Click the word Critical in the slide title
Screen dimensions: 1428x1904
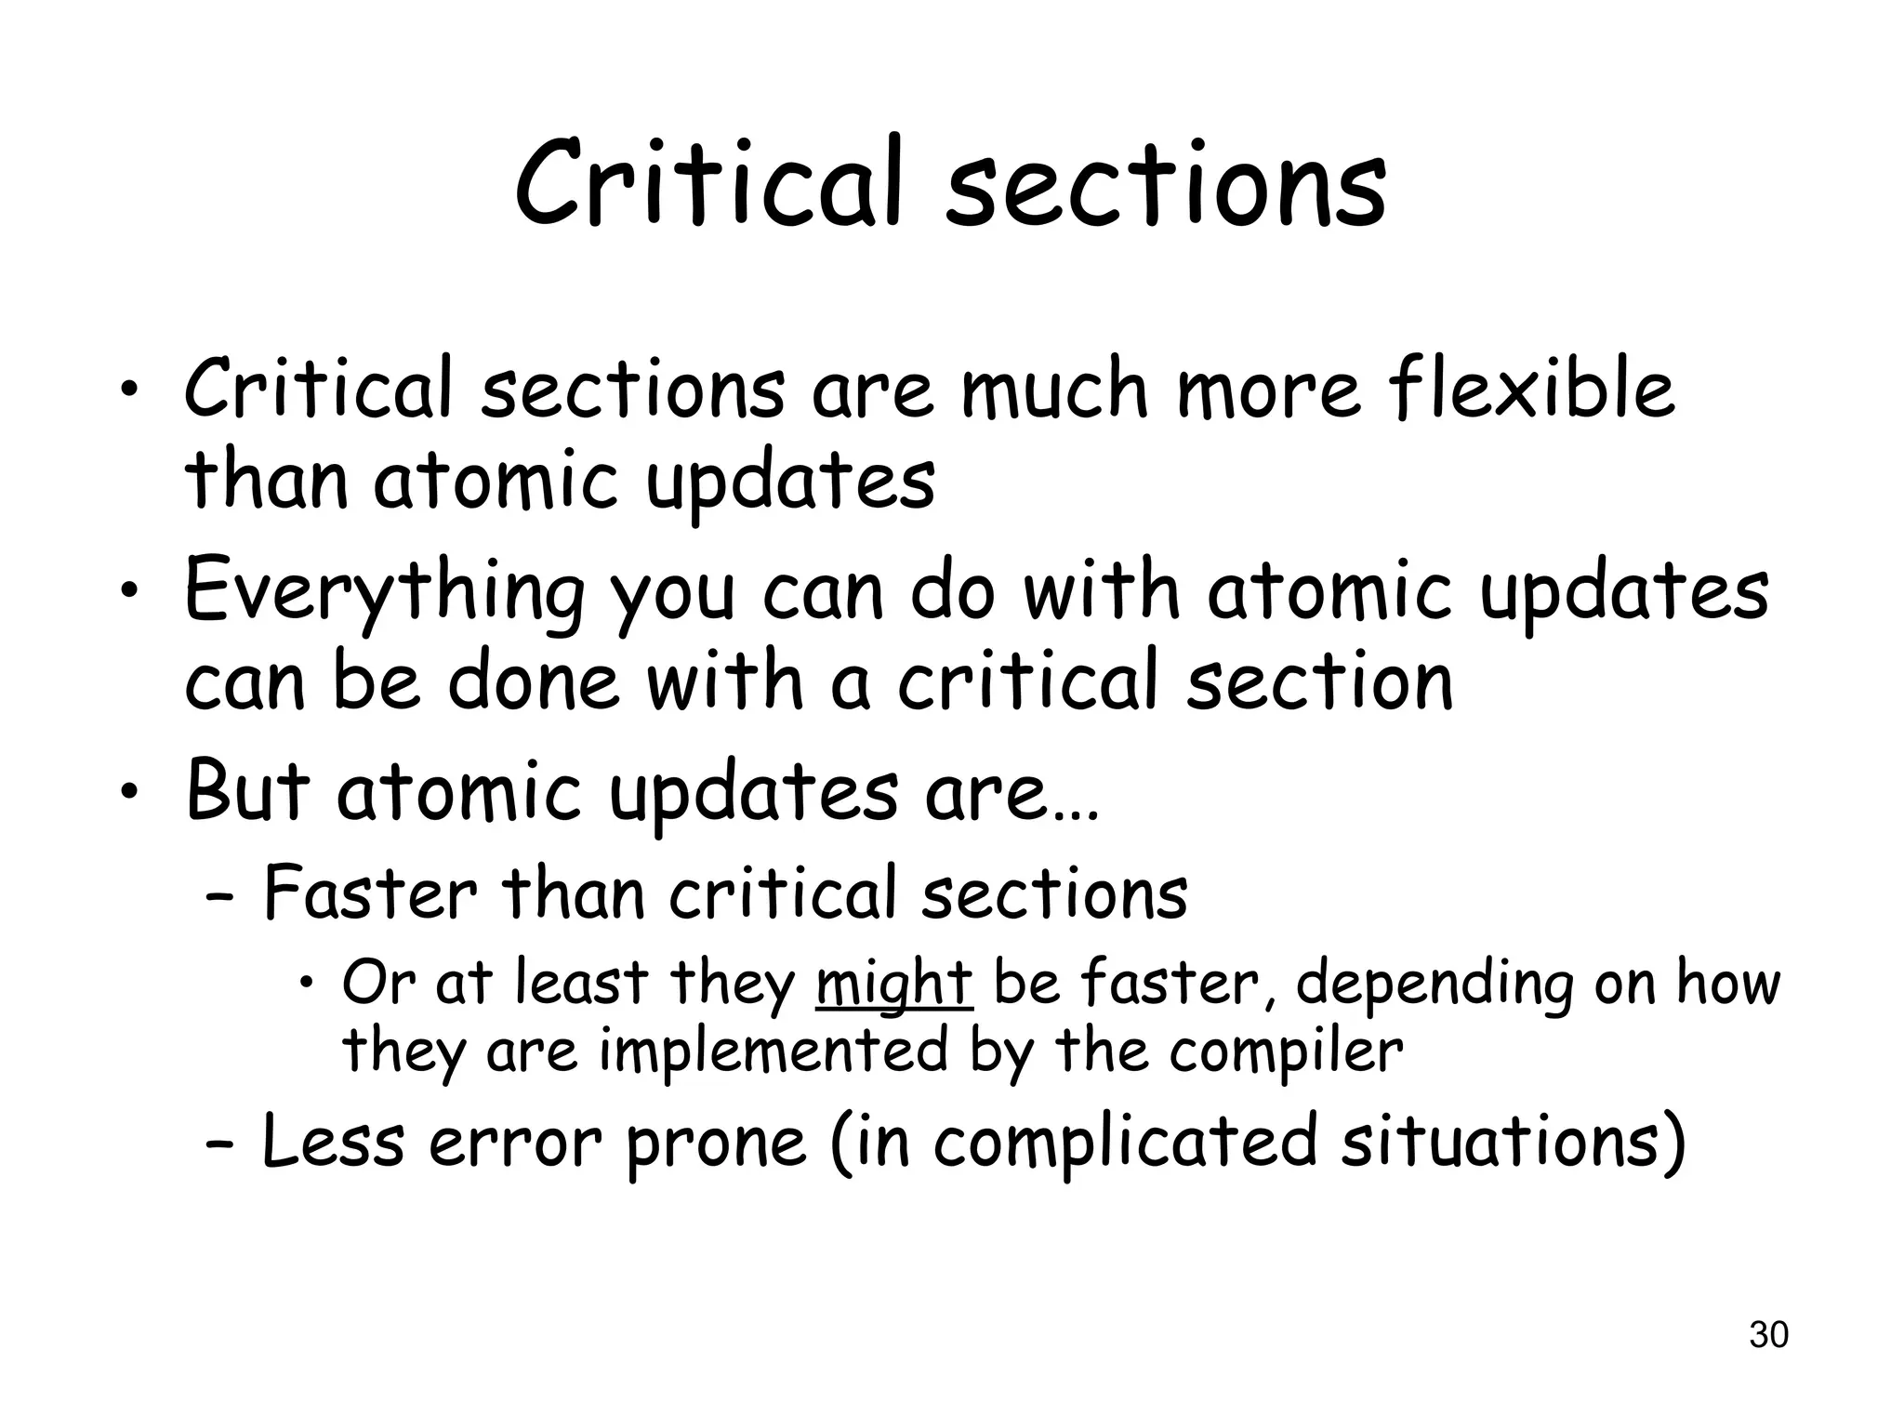point(708,183)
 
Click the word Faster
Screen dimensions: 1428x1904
point(369,892)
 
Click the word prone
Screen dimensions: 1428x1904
point(715,1145)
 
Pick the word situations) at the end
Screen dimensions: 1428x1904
point(1512,1144)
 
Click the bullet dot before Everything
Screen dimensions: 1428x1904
point(131,589)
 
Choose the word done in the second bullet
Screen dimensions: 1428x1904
point(533,683)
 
